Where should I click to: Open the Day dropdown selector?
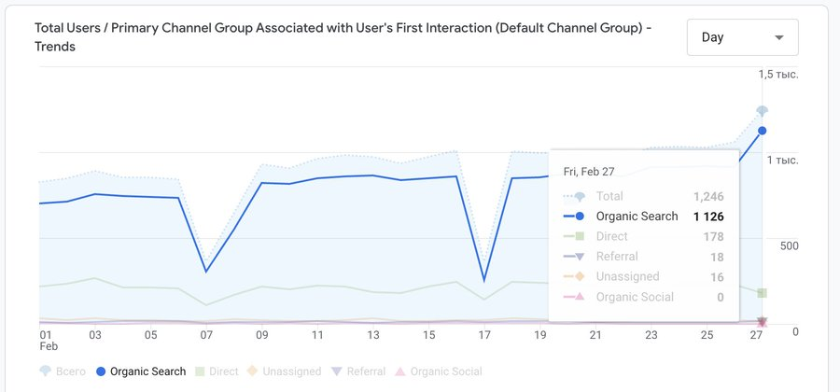(742, 37)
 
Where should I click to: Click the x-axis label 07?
(206, 335)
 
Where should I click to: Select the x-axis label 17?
(483, 335)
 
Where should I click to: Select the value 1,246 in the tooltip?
(708, 197)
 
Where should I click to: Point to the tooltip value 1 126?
(708, 217)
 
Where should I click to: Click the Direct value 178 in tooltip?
(713, 237)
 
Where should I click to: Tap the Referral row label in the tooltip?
(617, 257)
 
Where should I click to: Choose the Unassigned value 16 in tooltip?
(716, 277)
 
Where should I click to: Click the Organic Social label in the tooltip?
(635, 297)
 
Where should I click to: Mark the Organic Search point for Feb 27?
(763, 131)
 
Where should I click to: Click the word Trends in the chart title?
(55, 47)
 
